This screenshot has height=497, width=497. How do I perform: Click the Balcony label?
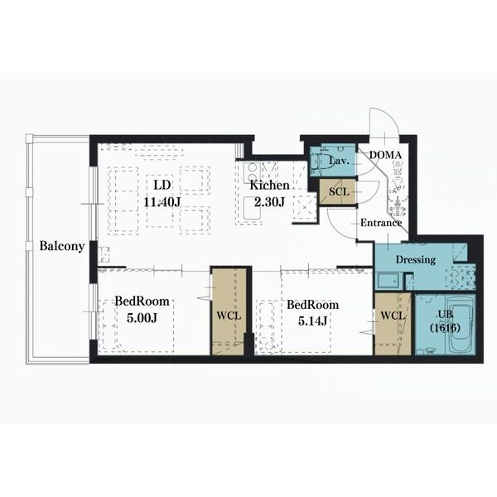click(x=62, y=246)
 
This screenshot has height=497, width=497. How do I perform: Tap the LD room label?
click(x=162, y=185)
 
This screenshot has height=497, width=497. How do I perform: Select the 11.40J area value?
click(x=162, y=201)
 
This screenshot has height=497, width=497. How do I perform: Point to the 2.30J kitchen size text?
click(x=269, y=201)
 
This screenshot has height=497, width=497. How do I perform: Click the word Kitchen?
click(x=269, y=186)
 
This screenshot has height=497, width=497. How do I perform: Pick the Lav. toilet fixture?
click(x=319, y=162)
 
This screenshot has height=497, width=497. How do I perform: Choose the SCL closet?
click(x=338, y=192)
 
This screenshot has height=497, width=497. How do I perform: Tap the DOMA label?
click(x=386, y=155)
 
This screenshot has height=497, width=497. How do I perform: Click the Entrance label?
click(x=381, y=223)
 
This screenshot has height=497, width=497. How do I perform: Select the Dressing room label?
click(x=416, y=260)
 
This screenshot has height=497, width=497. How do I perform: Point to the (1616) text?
click(x=445, y=328)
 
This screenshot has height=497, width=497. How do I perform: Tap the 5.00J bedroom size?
click(x=142, y=318)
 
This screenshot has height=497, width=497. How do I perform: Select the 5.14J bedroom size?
click(x=312, y=321)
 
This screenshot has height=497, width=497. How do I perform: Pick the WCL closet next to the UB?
click(x=393, y=324)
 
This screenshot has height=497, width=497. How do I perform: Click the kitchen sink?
click(x=253, y=208)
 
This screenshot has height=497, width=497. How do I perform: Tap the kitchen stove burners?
click(x=252, y=173)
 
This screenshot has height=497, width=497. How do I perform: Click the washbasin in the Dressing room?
click(x=389, y=281)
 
